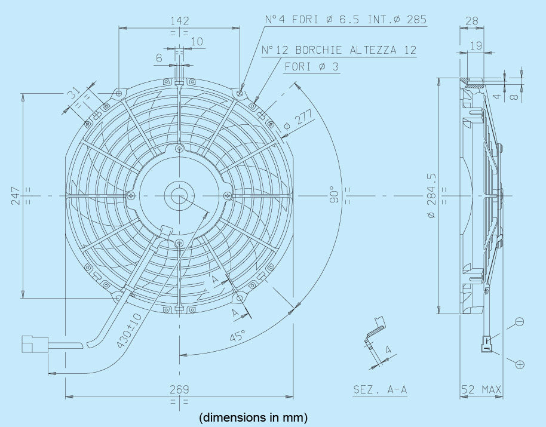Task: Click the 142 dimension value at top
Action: coord(179,21)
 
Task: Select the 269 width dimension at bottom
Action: coord(179,389)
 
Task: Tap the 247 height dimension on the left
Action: coord(16,195)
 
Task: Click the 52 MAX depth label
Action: coord(481,390)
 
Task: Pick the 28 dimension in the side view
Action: coord(472,21)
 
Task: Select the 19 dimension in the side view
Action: coord(476,45)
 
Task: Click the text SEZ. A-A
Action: coord(380,390)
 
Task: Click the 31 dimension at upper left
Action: coord(73,94)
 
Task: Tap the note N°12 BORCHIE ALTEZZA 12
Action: coord(339,50)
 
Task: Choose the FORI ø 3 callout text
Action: coord(311,66)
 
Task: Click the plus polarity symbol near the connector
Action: coord(520,364)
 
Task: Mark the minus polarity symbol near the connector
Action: coord(519,322)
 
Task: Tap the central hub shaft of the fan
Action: coord(179,195)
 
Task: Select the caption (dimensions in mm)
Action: coord(253,416)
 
